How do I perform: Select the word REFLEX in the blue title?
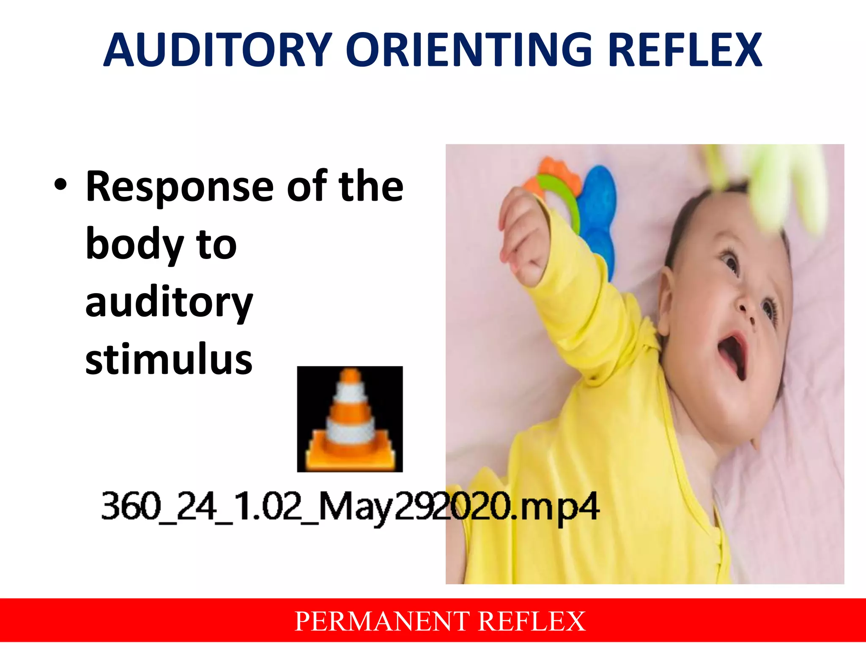685,51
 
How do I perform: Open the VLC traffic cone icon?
350,419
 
